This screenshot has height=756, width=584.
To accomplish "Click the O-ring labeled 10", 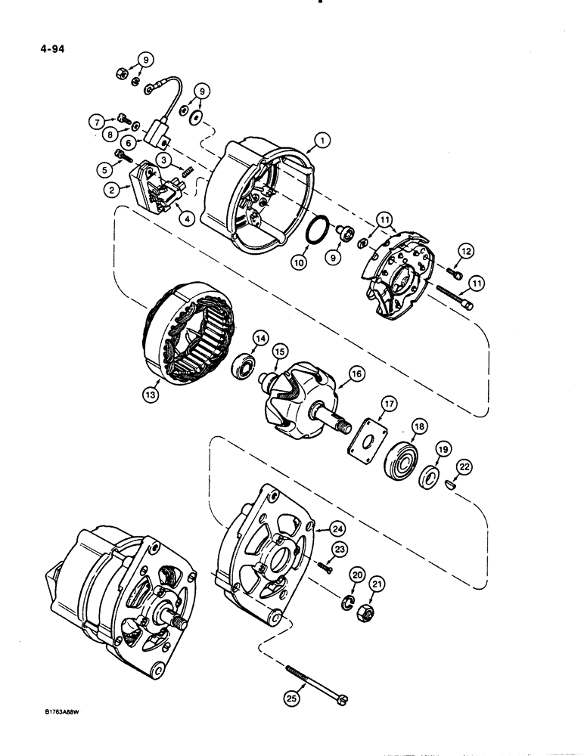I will pos(320,228).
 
